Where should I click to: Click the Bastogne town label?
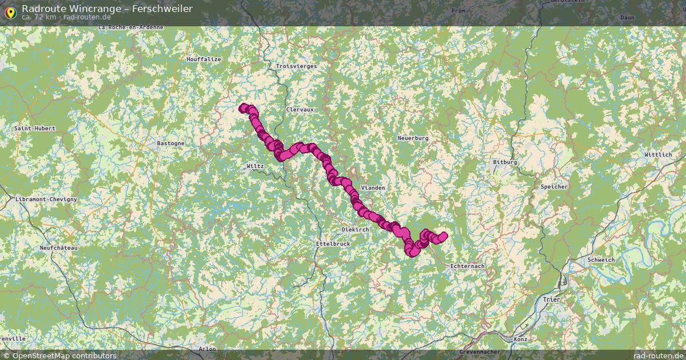pyautogui.click(x=171, y=143)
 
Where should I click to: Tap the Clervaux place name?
pyautogui.click(x=300, y=109)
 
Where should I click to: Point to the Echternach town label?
pyautogui.click(x=467, y=266)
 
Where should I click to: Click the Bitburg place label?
pyautogui.click(x=505, y=162)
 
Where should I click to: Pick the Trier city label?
pyautogui.click(x=551, y=299)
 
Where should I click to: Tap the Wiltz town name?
pyautogui.click(x=255, y=166)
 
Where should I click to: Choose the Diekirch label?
pyautogui.click(x=354, y=229)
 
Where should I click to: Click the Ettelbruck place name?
pyautogui.click(x=332, y=243)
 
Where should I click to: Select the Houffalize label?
pyautogui.click(x=203, y=59)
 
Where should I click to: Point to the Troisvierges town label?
pyautogui.click(x=296, y=66)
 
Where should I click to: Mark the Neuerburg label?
pyautogui.click(x=413, y=138)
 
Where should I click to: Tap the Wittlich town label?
pyautogui.click(x=658, y=155)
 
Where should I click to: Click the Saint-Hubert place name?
pyautogui.click(x=35, y=129)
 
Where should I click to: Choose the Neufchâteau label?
pyautogui.click(x=58, y=248)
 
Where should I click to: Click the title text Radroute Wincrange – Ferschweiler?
pyautogui.click(x=107, y=9)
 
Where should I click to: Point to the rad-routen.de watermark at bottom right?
pyautogui.click(x=658, y=355)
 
